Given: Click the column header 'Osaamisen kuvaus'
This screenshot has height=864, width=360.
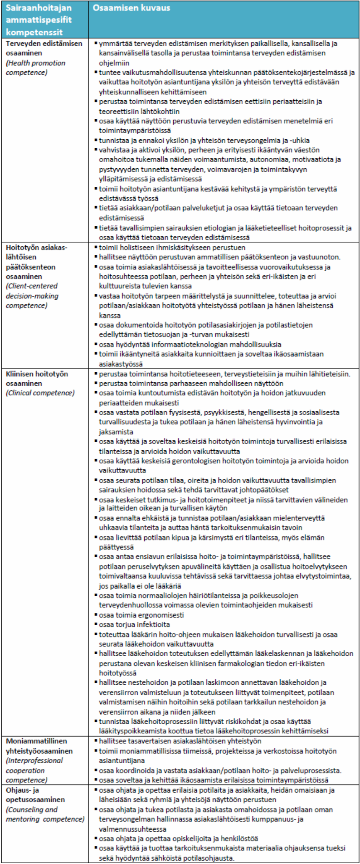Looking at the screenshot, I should (x=131, y=8).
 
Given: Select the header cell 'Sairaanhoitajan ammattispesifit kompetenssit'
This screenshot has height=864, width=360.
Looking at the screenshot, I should (x=39, y=20).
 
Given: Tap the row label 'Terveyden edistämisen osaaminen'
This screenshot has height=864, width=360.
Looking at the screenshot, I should (x=44, y=48).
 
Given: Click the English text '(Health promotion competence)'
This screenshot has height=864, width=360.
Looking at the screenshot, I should (x=36, y=68).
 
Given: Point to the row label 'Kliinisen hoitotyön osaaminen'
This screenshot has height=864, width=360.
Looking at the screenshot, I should (x=37, y=378).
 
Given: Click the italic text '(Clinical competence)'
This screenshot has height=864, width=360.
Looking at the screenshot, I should (x=40, y=393).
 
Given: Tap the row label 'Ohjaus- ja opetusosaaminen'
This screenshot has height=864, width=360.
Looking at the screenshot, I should (x=35, y=795).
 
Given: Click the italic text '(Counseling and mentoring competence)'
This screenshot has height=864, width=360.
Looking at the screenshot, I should (x=45, y=814).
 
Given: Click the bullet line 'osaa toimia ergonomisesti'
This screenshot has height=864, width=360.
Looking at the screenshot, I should (x=141, y=615).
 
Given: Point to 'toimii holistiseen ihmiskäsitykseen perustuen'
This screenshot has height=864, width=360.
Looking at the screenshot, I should (x=172, y=247).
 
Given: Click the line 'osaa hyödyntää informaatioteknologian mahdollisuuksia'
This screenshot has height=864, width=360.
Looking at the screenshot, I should (x=190, y=344).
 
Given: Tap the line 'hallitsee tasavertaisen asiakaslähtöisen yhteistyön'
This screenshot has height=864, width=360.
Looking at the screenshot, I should (x=180, y=741).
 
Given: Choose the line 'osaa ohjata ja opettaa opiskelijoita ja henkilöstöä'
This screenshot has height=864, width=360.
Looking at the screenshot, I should (x=178, y=838).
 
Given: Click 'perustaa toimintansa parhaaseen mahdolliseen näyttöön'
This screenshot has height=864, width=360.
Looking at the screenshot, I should (x=191, y=383).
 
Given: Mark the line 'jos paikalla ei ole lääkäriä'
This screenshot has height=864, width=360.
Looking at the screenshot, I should (x=140, y=586).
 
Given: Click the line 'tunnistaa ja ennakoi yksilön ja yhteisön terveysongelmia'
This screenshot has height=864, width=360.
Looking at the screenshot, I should (x=204, y=140).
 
